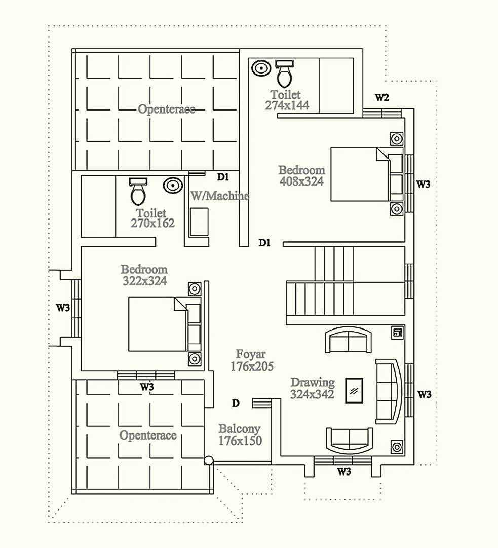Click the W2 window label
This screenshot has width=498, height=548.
tap(381, 97)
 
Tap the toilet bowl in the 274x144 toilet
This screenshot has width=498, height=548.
tap(284, 74)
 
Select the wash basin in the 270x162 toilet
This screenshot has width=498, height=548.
tap(173, 185)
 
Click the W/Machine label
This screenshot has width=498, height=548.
tap(220, 196)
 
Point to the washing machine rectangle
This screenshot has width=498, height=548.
tap(199, 222)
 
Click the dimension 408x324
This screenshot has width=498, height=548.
tap(301, 181)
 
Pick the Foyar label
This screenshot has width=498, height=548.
tap(251, 354)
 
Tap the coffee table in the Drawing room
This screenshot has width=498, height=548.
tap(354, 390)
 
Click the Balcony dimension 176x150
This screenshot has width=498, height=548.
tap(240, 441)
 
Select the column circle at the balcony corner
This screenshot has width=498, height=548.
tap(209, 461)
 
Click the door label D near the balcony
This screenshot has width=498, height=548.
tap(236, 404)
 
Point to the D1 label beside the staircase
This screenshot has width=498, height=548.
tap(264, 242)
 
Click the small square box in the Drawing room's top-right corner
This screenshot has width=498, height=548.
tap(397, 333)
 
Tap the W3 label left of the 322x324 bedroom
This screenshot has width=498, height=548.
tap(63, 308)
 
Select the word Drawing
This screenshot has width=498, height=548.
tap(313, 383)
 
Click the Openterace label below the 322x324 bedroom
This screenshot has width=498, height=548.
tap(148, 435)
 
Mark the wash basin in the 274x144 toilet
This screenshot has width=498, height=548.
tap(261, 68)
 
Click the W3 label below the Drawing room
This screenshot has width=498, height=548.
tap(344, 472)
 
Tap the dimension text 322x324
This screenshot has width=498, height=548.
tap(144, 281)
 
